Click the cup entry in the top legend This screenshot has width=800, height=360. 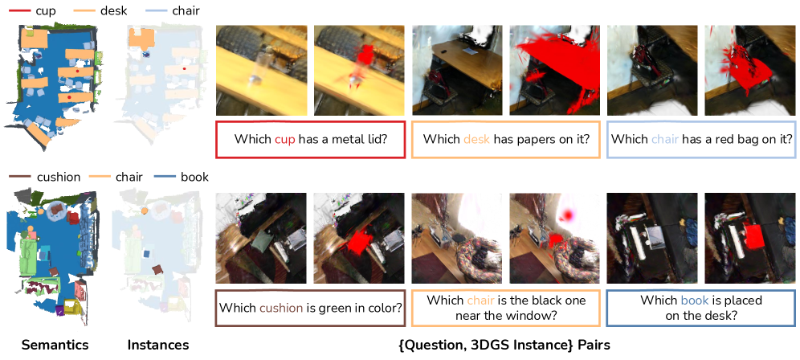point(32,10)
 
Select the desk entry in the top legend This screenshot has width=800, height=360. point(100,10)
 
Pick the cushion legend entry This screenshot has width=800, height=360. point(44,178)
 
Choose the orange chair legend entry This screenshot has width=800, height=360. point(116,178)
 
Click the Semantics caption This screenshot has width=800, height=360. point(55,346)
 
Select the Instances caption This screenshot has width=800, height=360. point(158,346)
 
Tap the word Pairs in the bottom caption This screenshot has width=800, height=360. point(594,346)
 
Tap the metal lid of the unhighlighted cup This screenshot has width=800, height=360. point(254,79)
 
